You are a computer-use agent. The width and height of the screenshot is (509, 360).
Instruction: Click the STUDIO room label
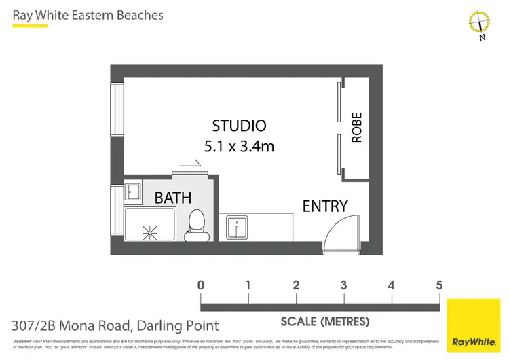(239, 126)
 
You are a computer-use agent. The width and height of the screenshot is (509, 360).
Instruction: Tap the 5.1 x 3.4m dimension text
(239, 145)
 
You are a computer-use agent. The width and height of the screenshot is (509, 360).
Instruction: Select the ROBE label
(357, 128)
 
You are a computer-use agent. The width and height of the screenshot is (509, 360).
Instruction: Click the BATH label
(173, 198)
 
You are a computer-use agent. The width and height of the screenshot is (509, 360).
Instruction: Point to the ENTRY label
(325, 206)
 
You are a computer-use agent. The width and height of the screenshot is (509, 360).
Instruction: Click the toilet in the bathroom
(197, 223)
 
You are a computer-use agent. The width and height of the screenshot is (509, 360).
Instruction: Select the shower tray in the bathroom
(149, 225)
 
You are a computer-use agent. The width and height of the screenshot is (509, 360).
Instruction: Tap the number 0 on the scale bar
(201, 285)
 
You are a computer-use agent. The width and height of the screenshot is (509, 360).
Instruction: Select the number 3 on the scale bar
(344, 285)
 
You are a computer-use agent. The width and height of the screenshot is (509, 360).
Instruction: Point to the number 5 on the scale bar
(439, 285)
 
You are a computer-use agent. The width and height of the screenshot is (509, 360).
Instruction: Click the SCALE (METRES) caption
(325, 321)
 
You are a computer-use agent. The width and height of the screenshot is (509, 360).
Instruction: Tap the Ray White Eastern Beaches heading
(88, 14)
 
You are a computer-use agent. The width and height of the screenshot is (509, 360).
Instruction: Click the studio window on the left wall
(117, 109)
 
